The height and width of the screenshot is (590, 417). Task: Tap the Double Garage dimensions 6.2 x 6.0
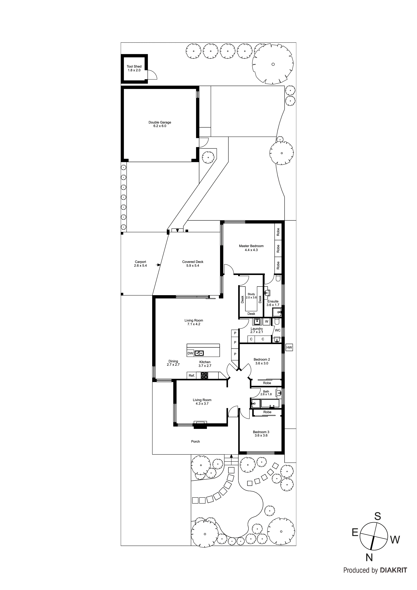pyautogui.click(x=160, y=126)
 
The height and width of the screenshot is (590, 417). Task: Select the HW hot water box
pyautogui.click(x=289, y=348)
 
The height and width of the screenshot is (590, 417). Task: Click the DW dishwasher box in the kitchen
pyautogui.click(x=190, y=353)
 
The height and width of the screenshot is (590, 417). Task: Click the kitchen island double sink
pyautogui.click(x=199, y=353)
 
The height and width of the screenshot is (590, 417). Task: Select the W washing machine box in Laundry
pyautogui.click(x=267, y=321)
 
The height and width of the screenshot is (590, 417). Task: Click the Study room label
pyautogui.click(x=251, y=294)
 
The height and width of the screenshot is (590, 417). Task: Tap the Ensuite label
pyautogui.click(x=273, y=301)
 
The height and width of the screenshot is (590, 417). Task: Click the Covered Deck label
pyautogui.click(x=193, y=262)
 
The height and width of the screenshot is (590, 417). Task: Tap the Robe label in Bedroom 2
pyautogui.click(x=267, y=383)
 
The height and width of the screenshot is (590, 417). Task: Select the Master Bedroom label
pyautogui.click(x=251, y=246)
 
